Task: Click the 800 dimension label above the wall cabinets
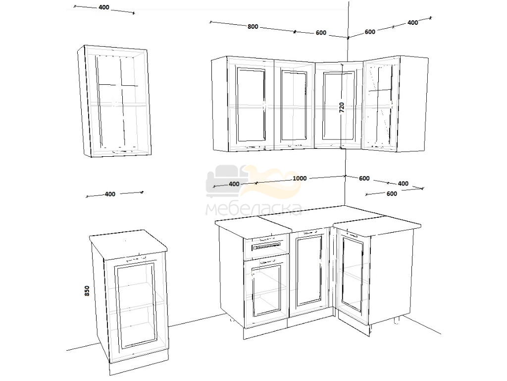[253, 27]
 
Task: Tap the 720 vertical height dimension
[342, 107]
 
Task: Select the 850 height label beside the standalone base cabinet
[87, 291]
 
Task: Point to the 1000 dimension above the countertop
[300, 178]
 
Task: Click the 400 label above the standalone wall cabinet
[104, 7]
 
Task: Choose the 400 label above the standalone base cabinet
[110, 194]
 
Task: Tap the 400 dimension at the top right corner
[412, 23]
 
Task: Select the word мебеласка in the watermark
[254, 209]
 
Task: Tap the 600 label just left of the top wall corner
[321, 33]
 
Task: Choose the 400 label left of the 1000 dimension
[234, 184]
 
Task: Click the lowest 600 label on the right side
[392, 194]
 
